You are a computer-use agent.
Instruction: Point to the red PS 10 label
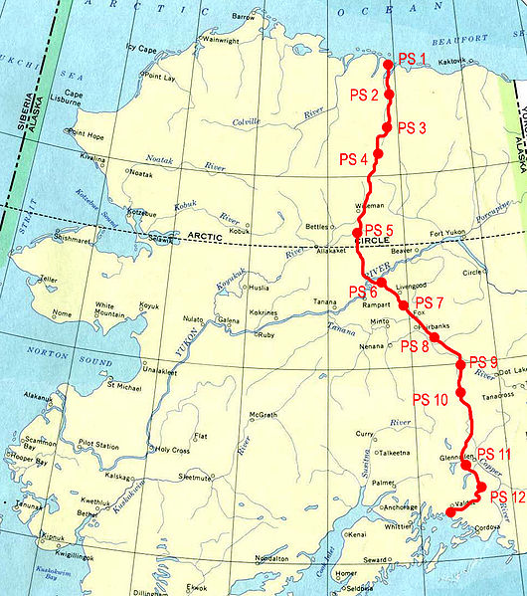pyautogui.click(x=430, y=399)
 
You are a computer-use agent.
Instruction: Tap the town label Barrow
pyautogui.click(x=243, y=17)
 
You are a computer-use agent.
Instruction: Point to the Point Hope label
pyautogui.click(x=87, y=132)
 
